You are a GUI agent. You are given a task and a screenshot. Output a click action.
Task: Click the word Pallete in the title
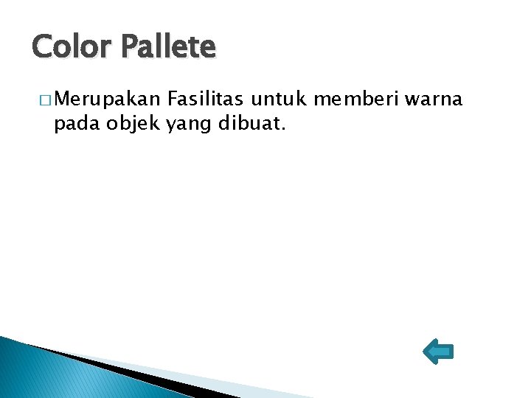(x=169, y=47)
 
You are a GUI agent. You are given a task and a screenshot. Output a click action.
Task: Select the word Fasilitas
(x=206, y=99)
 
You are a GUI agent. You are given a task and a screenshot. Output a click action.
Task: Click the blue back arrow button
(x=438, y=352)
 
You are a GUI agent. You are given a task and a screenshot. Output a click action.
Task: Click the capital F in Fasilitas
(x=173, y=99)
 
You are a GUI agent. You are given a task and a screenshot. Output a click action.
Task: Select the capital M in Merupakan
(x=62, y=99)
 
